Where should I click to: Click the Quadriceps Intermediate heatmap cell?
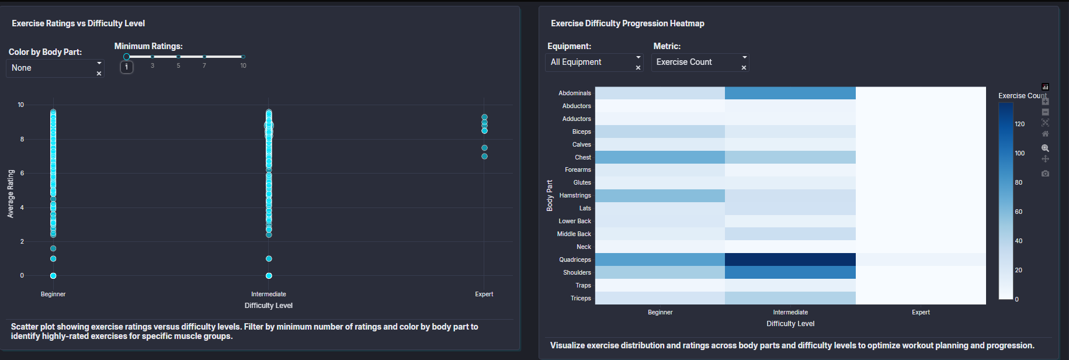tap(790, 259)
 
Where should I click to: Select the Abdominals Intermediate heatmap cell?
tap(790, 93)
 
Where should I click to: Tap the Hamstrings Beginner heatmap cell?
tap(660, 195)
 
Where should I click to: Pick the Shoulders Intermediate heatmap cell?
tap(790, 272)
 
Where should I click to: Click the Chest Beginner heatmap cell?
tap(660, 157)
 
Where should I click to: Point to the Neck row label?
tap(584, 247)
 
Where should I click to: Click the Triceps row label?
tap(581, 298)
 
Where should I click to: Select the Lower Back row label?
tap(575, 221)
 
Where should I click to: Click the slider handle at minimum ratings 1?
tap(126, 57)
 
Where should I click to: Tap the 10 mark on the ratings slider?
tap(243, 57)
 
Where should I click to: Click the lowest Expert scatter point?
tap(484, 156)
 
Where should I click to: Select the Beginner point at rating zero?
tap(53, 275)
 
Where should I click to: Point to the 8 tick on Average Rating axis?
tap(22, 139)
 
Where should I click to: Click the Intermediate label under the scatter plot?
tap(269, 294)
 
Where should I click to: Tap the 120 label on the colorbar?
tap(1020, 124)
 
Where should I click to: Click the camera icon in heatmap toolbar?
tap(1045, 174)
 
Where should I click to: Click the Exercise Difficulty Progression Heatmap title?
tap(627, 23)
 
